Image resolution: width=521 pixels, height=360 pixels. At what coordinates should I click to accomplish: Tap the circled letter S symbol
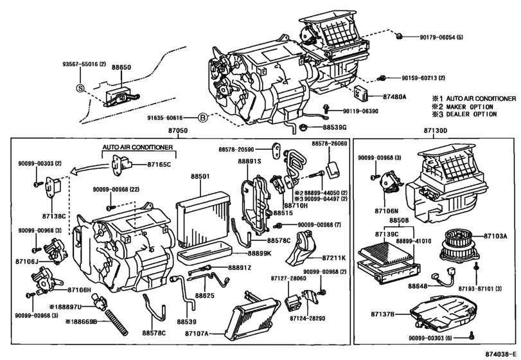(80, 88)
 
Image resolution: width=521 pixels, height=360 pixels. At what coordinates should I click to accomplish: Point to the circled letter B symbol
(202, 118)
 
